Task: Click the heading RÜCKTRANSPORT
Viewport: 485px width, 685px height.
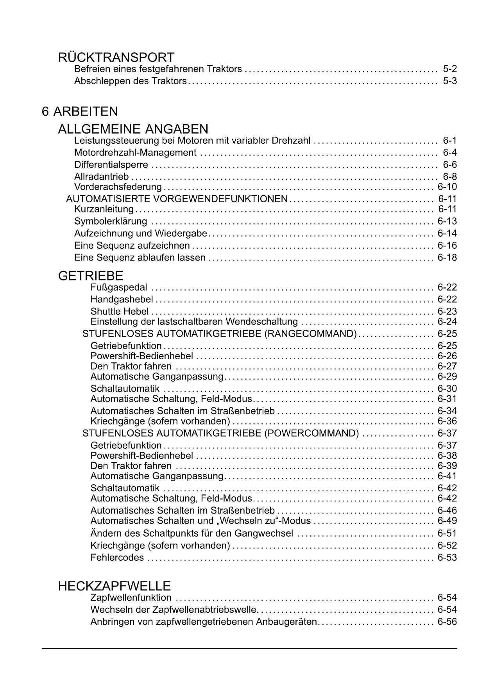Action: point(116,58)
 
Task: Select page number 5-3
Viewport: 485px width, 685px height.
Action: point(450,81)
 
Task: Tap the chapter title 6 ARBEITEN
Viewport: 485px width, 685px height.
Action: point(80,112)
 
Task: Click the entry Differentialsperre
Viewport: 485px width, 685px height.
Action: point(111,165)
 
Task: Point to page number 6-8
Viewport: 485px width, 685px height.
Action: point(450,177)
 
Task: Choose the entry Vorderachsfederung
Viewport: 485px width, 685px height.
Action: point(118,187)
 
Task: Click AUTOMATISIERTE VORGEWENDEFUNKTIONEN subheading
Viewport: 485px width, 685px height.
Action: point(177,199)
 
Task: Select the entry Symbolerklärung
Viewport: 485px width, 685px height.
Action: point(111,221)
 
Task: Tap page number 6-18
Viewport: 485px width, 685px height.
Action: point(447,258)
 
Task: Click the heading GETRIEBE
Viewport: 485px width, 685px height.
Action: point(91,276)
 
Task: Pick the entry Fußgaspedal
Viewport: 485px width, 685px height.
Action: point(119,288)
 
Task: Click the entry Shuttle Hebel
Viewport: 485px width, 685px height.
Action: point(120,312)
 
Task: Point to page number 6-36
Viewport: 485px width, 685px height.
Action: point(447,421)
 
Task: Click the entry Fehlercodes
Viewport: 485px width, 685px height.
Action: point(117,558)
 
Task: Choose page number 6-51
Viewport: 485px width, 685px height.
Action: point(447,533)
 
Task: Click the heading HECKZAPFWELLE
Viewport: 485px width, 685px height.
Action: point(115,586)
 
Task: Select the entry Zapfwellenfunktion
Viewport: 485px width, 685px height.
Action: point(131,598)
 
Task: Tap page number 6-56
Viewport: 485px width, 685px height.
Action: point(447,622)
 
